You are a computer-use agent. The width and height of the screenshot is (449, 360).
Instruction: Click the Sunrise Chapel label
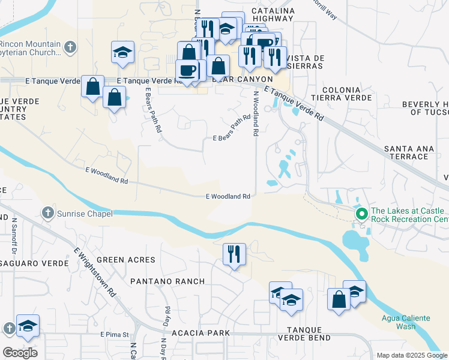[85, 213]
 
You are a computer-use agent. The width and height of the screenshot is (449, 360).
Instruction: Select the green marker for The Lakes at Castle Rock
[361, 214]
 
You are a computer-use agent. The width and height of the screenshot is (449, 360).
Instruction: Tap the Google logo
[20, 353]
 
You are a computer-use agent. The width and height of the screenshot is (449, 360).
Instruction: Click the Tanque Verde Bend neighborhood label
[309, 334]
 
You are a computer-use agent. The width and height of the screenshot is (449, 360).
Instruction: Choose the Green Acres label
[126, 260]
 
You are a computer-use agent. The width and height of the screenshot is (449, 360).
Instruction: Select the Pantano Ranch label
[167, 281]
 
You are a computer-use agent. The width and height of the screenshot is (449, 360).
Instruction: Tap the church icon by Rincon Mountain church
[70, 47]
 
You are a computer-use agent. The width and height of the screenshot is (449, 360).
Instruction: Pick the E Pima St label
[115, 334]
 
